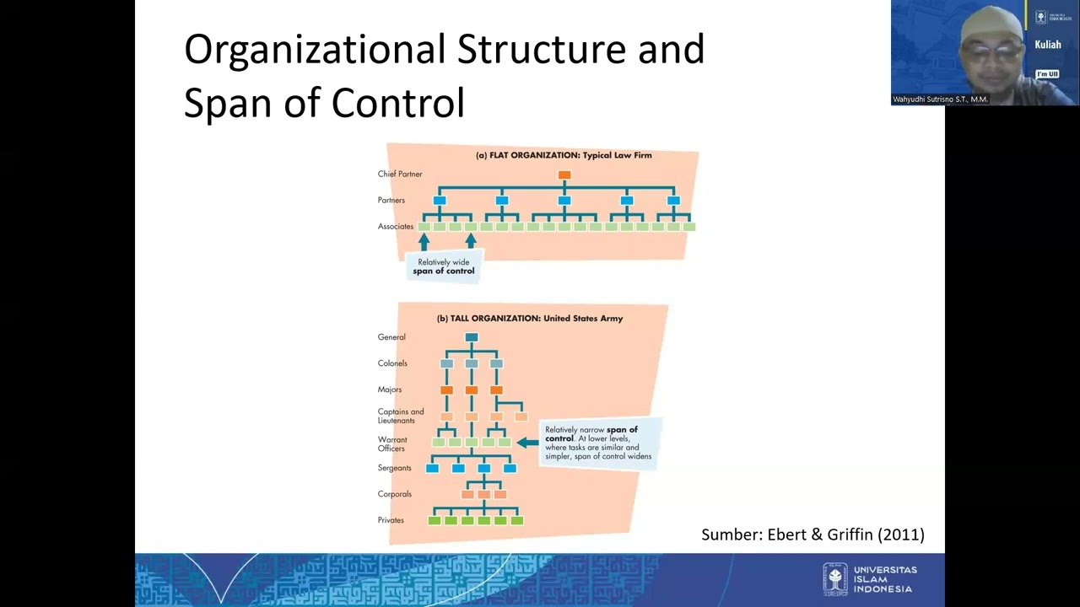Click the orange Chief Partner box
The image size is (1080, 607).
[564, 175]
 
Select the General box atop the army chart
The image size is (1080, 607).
[472, 337]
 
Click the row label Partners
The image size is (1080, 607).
[391, 200]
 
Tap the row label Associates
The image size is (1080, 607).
[396, 226]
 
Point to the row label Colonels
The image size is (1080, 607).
[392, 363]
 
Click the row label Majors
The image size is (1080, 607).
[390, 389]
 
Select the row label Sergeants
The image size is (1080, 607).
[395, 468]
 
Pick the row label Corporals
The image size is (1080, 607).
[395, 494]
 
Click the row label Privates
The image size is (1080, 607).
[391, 520]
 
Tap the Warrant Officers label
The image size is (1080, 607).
[392, 443]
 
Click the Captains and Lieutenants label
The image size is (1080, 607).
[400, 416]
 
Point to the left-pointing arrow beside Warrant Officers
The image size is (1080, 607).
[527, 443]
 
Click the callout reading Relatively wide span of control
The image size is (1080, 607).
[444, 266]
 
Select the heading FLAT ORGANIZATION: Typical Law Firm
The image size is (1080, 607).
[564, 155]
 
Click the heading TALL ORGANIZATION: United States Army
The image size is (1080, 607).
[530, 318]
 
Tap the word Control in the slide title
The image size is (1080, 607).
[397, 103]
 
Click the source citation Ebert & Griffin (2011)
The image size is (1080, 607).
[813, 534]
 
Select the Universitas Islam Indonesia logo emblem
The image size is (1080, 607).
[835, 578]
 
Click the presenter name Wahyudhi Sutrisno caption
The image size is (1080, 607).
[940, 99]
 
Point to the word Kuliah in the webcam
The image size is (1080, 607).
[1047, 45]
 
